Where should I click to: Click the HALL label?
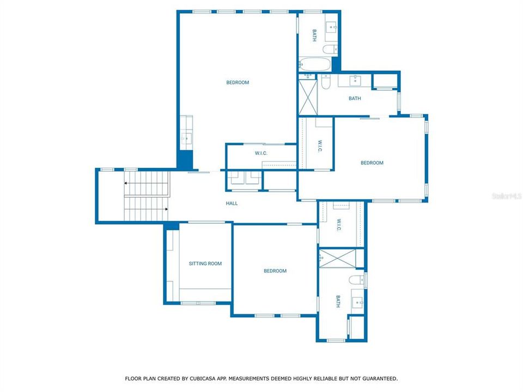point(232,204)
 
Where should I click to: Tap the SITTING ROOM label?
point(205,264)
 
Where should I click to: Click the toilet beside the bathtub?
point(329,50)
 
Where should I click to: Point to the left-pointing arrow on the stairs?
point(126,183)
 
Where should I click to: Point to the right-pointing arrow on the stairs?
point(166,209)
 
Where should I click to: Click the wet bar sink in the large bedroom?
point(186,138)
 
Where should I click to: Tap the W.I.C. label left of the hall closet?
point(260,154)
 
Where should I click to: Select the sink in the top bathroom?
point(331,27)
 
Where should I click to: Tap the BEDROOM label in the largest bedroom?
point(238,83)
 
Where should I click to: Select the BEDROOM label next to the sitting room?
point(275,271)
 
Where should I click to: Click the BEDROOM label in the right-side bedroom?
point(372,163)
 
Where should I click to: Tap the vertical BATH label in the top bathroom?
point(314,35)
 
